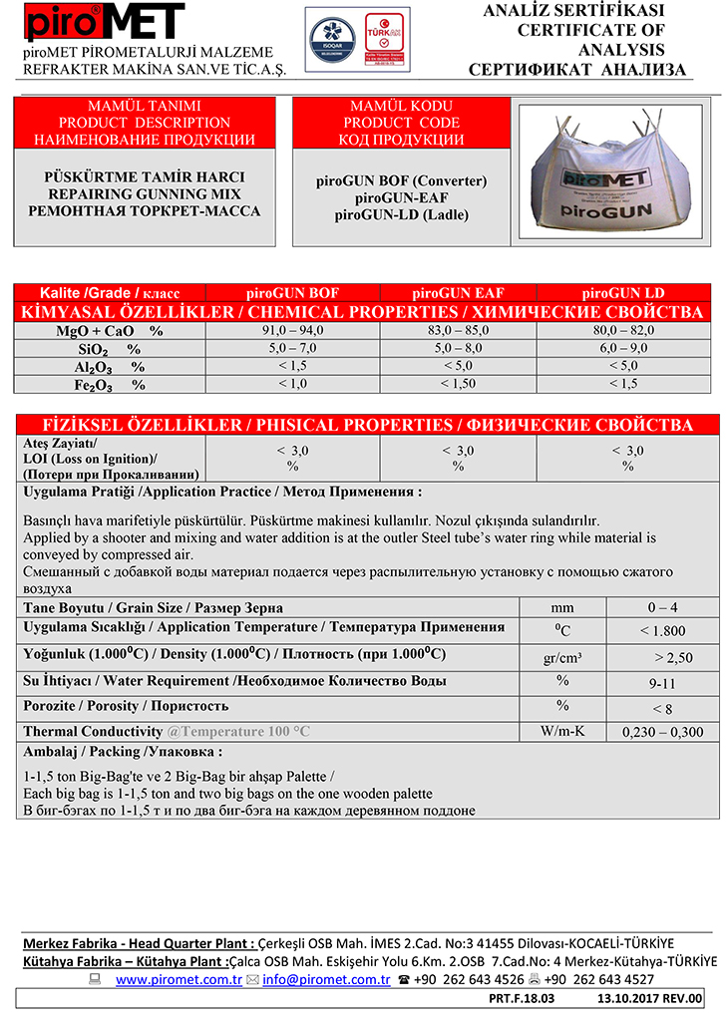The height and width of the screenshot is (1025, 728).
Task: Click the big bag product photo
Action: point(613,172)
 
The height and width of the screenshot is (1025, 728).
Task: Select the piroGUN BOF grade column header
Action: point(291,293)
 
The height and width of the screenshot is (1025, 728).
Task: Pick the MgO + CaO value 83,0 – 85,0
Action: point(459,330)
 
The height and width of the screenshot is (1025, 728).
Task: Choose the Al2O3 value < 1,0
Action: point(291,366)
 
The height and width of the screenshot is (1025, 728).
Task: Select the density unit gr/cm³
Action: point(562,657)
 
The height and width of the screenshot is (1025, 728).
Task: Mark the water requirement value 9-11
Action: point(661,683)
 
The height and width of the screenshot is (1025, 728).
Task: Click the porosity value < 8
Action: point(661,708)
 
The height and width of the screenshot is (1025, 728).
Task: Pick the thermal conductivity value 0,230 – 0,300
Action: point(661,732)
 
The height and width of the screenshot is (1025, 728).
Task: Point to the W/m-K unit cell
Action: point(562,732)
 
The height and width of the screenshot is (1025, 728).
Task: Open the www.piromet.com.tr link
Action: point(179,980)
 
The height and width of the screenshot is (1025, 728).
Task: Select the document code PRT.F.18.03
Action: point(522,998)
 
